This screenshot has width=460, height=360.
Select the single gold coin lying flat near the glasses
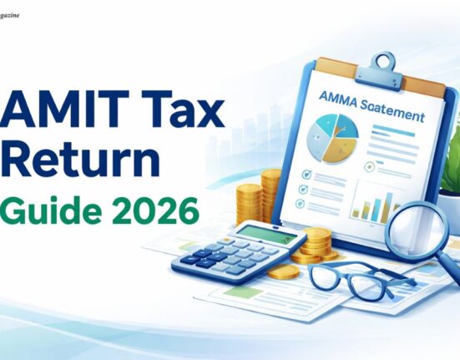tap(284, 272)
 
